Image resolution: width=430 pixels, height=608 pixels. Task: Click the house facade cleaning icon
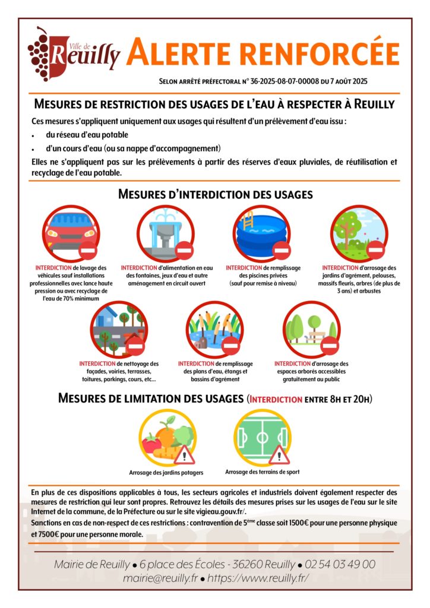tap(118, 329)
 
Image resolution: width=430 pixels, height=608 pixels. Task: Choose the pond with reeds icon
tap(214, 329)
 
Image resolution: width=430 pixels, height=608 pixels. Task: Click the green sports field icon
tap(261, 436)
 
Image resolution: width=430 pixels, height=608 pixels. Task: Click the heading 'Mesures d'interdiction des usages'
tap(215, 194)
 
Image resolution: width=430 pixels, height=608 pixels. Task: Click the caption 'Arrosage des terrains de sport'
tap(262, 472)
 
